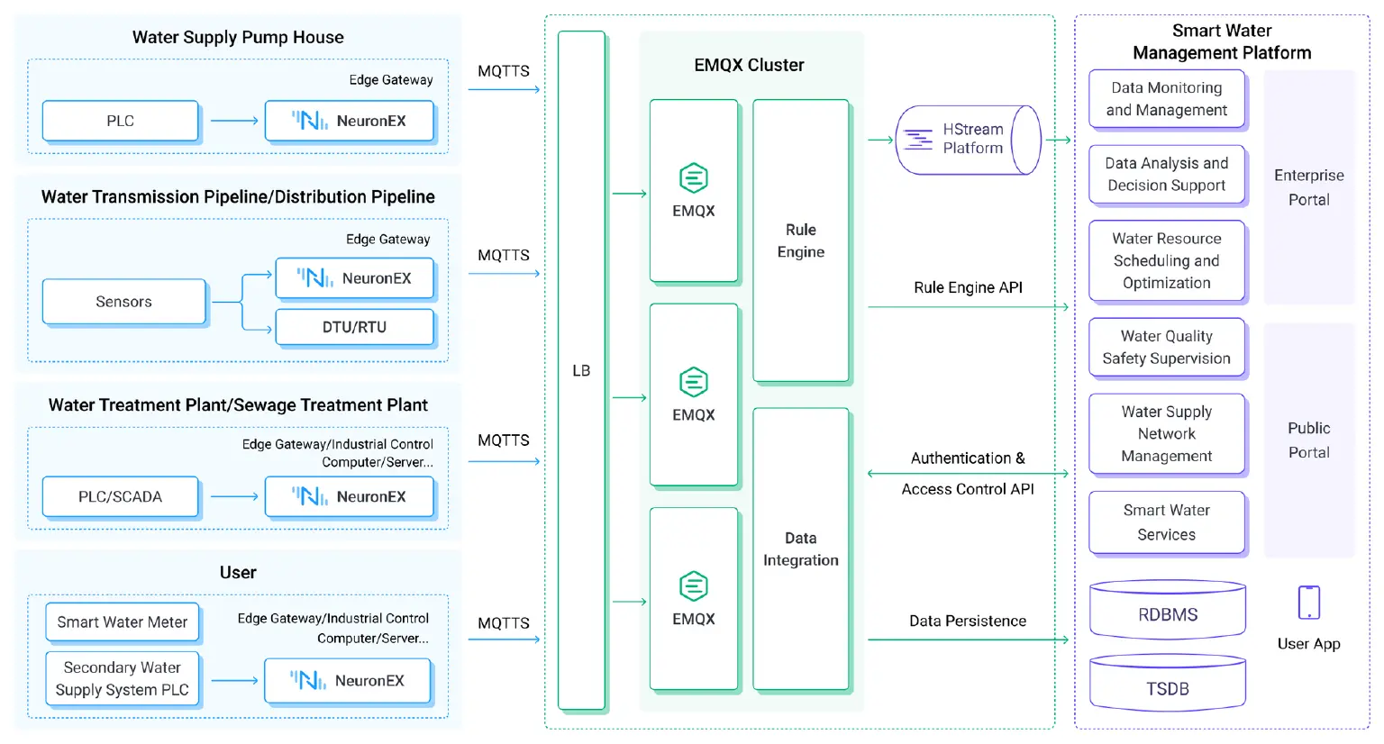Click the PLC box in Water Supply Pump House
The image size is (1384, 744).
pos(120,121)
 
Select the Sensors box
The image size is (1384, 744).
pos(123,302)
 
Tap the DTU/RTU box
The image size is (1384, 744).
pos(354,327)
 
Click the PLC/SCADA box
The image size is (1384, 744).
pos(120,496)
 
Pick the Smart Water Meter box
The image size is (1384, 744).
pos(123,622)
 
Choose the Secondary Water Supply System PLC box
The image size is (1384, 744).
pos(123,679)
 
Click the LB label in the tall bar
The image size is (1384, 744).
pos(581,370)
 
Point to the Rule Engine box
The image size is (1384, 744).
pos(800,240)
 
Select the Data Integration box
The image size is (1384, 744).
pos(800,549)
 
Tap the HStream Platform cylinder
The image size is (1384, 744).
pos(968,140)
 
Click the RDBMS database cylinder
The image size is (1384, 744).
pos(1167,614)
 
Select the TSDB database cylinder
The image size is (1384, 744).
pos(1167,688)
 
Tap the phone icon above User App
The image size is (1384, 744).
pos(1308,603)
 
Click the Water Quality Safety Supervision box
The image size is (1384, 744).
pos(1166,347)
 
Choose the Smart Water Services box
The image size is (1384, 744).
pos(1166,522)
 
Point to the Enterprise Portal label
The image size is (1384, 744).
pos(1308,187)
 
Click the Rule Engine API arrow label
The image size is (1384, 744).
pos(968,287)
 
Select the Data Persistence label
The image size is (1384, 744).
pos(968,621)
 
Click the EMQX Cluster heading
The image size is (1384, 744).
pos(749,65)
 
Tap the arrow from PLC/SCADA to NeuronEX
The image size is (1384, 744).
pos(233,496)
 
